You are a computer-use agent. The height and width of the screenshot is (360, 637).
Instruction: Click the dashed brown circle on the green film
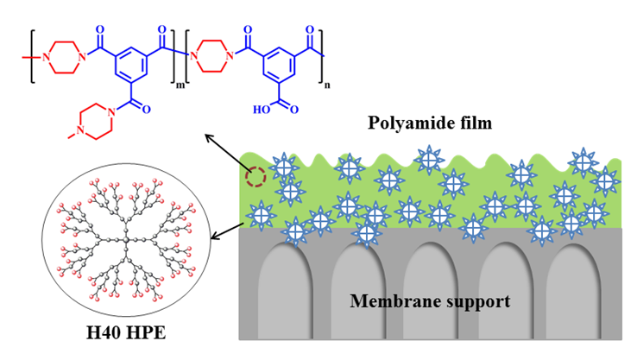click(255, 179)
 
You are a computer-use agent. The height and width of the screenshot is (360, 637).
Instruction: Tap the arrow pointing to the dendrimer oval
click(225, 230)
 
